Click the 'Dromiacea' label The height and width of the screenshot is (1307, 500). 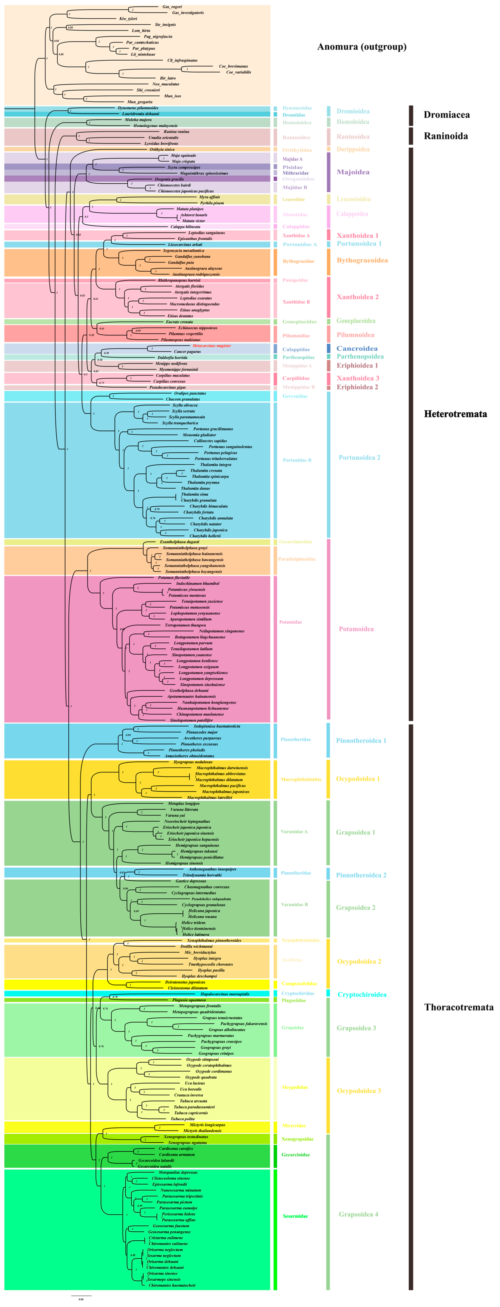pos(446,115)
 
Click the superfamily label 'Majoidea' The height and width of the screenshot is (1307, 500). pos(353,172)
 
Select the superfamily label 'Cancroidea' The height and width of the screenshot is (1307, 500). pos(357,348)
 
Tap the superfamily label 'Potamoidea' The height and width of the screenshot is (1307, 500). pos(356,629)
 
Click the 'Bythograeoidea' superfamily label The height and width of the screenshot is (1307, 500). pos(362,260)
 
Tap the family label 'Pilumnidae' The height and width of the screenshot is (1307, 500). pos(296,335)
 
